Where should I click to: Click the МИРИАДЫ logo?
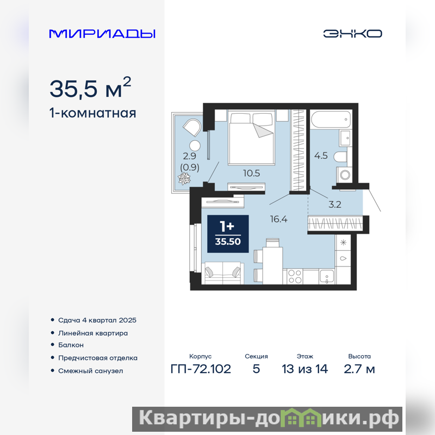point(102,34)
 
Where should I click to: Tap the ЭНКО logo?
point(352,34)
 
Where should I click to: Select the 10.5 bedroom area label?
point(251,173)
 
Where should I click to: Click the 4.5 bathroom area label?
point(321,156)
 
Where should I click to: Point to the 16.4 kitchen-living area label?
point(278,219)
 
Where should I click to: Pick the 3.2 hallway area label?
point(334,204)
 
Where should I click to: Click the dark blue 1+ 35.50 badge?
point(228,234)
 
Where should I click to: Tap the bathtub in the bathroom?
point(331,120)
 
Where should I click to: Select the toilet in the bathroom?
point(340,157)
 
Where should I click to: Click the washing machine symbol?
point(344,175)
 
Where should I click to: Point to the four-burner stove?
point(295,276)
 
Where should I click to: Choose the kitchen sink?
point(327,277)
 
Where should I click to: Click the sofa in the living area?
point(222,274)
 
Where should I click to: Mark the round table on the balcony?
point(195,146)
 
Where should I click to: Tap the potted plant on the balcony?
point(184,178)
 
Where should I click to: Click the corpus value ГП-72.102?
point(201,369)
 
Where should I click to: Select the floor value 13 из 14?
point(304,369)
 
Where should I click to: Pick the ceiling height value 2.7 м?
point(359,369)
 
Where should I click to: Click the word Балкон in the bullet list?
point(71,345)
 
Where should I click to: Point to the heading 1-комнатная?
point(92,113)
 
